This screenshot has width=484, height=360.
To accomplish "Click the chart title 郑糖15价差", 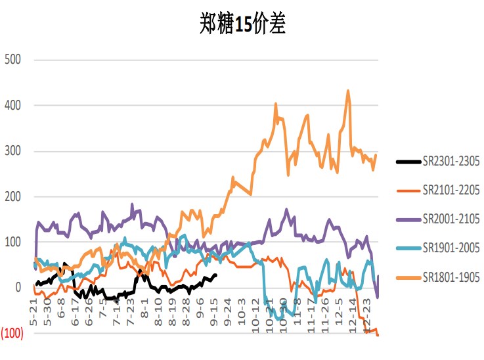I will coord(243,24).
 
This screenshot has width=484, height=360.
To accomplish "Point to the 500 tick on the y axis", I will coord(13,60).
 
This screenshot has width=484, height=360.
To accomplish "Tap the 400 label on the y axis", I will coord(13,105).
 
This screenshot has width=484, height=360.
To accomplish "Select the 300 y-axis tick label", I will coord(13,151).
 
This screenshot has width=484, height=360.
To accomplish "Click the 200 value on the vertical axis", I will coord(13,196).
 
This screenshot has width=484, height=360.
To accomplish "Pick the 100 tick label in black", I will coord(13,242).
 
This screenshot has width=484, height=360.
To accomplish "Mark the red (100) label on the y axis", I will coord(12,333).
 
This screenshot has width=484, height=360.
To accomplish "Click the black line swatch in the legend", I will coord(408,162).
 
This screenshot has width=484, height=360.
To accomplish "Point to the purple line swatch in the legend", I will coord(408,219).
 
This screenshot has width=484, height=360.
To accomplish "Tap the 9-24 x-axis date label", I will coord(227,306).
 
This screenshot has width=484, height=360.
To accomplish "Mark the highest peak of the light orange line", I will coord(347,91).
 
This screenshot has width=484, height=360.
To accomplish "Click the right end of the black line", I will coord(216,275).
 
